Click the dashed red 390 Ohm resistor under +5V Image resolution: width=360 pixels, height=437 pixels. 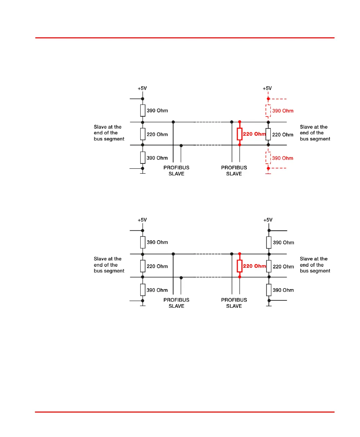(268, 111)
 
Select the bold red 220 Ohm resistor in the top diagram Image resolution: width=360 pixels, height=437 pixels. (239, 134)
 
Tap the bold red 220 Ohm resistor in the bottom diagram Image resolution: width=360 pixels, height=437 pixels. (239, 266)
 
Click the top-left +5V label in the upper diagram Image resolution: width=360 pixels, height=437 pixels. (142, 88)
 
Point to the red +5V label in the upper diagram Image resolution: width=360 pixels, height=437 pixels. (267, 88)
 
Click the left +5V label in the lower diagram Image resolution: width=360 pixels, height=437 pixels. (142, 220)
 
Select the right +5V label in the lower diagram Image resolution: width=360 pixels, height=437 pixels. (268, 220)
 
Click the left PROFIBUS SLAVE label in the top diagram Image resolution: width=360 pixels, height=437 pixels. (176, 171)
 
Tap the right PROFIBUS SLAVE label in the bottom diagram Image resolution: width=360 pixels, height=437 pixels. (234, 303)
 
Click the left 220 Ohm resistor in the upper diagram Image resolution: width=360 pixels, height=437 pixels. (143, 134)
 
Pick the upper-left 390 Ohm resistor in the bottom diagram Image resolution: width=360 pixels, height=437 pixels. (143, 242)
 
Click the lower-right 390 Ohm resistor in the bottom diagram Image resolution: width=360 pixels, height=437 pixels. (269, 290)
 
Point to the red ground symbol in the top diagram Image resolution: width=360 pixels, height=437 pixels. (268, 174)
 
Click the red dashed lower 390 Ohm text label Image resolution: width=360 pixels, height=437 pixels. (283, 158)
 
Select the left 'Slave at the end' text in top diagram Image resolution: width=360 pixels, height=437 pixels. (109, 133)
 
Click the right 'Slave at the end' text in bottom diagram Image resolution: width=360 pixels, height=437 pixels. (315, 265)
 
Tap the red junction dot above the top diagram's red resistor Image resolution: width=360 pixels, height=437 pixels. (240, 122)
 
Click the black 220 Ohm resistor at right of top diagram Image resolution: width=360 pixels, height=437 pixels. (268, 134)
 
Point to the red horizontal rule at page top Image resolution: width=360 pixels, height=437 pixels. (185, 38)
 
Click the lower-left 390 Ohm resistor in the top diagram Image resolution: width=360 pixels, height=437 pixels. (143, 157)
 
